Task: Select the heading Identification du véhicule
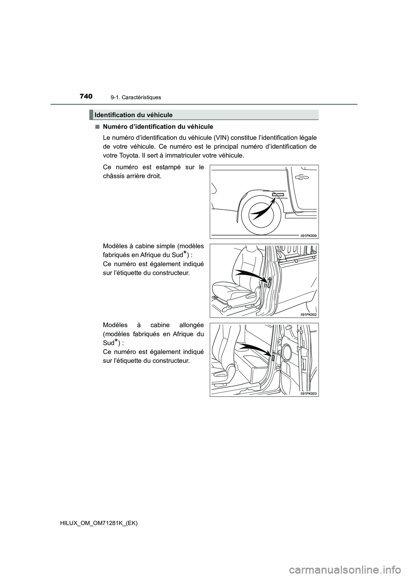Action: pos(133,115)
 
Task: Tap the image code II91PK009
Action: pos(309,235)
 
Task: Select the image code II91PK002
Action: pos(309,314)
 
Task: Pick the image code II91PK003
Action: pos(309,393)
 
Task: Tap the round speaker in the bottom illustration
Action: pos(286,352)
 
